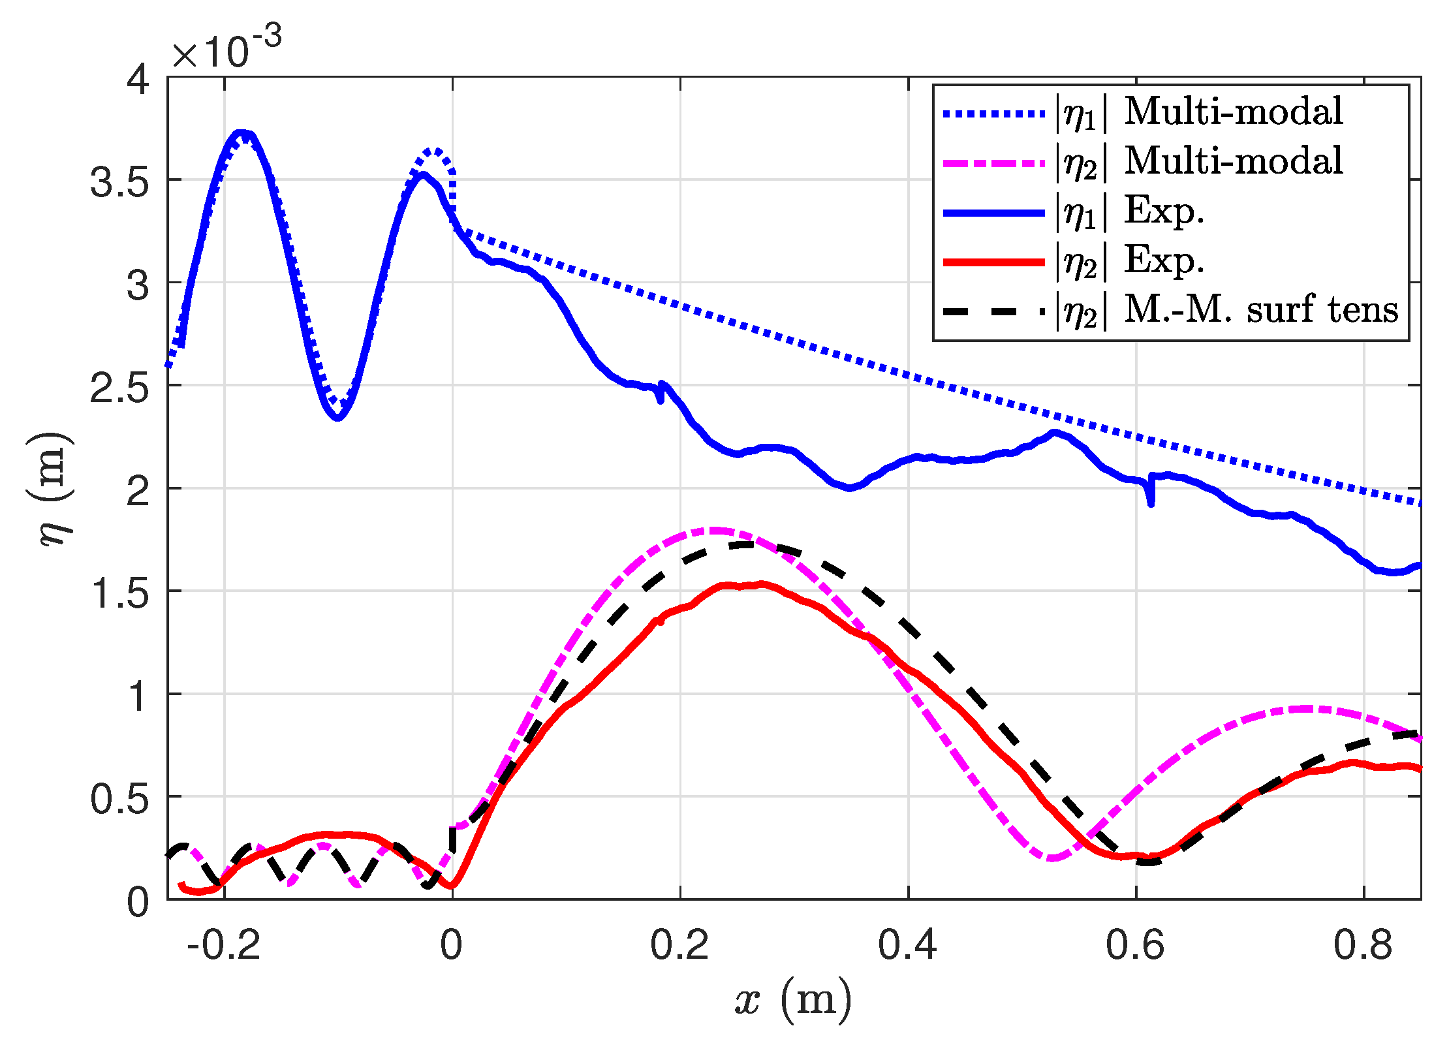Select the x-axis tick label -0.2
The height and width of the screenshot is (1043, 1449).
pos(223,945)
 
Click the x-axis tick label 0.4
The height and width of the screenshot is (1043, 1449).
pos(907,945)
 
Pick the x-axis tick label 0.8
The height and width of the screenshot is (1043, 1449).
pos(1363,945)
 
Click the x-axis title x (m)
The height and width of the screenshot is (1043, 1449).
pos(793,999)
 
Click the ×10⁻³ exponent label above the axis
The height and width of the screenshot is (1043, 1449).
pos(226,48)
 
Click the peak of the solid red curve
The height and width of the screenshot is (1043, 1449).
pos(760,584)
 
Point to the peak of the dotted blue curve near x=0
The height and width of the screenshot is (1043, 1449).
pos(435,151)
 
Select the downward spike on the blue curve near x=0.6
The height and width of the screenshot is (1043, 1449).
pos(1151,503)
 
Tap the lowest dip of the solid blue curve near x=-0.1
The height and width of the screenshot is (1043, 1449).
pos(337,417)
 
